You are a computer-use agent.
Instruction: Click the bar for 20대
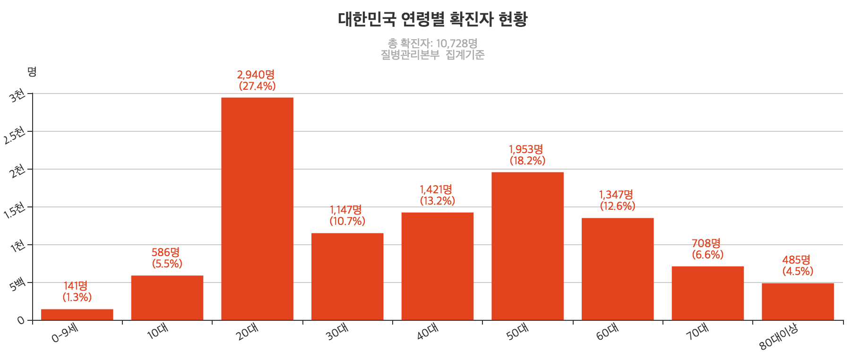pos(257,209)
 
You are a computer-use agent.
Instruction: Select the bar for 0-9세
pos(77,315)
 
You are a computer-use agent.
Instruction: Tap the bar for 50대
pos(527,246)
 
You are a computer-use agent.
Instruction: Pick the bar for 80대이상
pos(798,301)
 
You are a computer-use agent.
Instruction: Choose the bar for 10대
pos(167,298)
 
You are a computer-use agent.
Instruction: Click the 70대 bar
pos(707,293)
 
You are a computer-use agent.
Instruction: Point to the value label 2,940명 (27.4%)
pos(257,80)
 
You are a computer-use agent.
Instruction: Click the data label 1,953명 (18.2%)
pos(527,155)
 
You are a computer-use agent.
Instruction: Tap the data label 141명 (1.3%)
pos(77,291)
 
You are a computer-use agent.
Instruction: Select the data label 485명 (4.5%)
pos(797,266)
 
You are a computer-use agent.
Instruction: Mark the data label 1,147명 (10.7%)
pos(347,215)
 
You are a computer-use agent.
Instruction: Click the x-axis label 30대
pos(337,332)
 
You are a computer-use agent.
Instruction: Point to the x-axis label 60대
pos(607,332)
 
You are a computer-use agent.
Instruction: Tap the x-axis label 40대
pos(427,332)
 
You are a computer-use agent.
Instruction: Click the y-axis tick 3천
pos(17,95)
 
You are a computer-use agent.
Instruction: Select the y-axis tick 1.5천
pos(14,210)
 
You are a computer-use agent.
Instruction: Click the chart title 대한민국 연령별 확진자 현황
pos(432,19)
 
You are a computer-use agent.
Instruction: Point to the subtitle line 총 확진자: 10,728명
pos(432,43)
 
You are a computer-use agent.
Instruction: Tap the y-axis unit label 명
pos(32,72)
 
